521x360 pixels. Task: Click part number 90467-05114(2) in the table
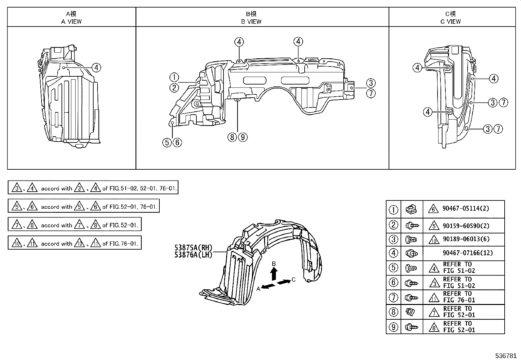[x=466, y=209]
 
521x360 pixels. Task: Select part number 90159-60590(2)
[x=466, y=225]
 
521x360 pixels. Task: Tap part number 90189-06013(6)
[x=466, y=239]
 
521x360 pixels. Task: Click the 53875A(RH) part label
[x=193, y=248]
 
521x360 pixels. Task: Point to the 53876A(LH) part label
[x=193, y=255]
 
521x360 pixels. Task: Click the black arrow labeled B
[x=274, y=273]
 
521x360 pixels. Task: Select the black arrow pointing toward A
[x=269, y=287]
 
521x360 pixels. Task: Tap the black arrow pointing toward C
[x=284, y=282]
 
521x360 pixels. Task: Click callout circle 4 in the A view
[x=96, y=68]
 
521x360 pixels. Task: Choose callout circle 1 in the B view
[x=174, y=78]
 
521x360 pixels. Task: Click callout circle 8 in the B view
[x=232, y=137]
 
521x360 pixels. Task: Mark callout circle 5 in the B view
[x=167, y=142]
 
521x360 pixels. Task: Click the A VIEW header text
[x=71, y=22]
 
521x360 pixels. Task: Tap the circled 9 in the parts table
[x=393, y=327]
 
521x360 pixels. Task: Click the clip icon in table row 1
[x=412, y=209]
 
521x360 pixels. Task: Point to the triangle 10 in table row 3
[x=434, y=239]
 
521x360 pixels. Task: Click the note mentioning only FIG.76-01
[x=75, y=243]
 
